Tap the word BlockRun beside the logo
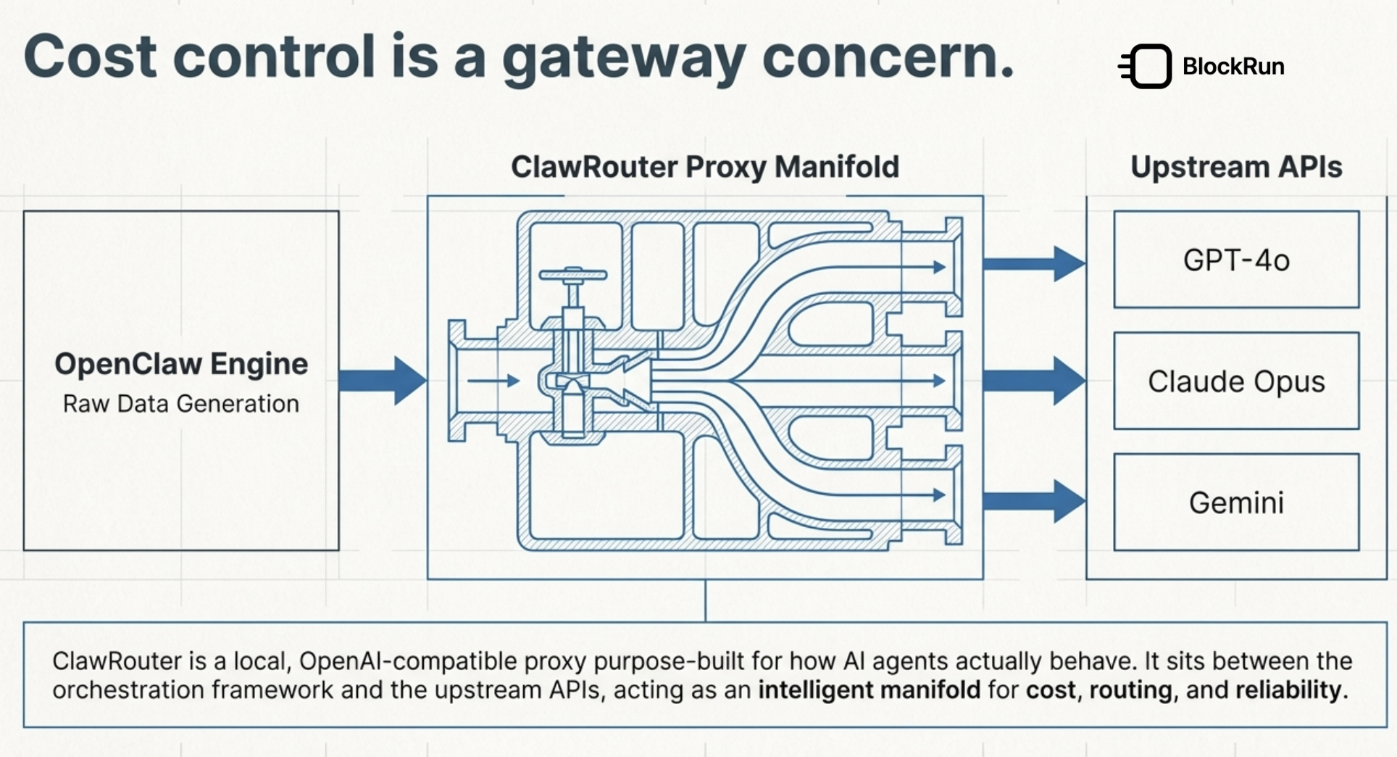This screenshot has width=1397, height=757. coord(1233,67)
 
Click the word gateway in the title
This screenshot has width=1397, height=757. coord(623,58)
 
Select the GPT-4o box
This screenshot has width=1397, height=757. coord(1236,260)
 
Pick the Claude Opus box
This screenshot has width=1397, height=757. coord(1236,381)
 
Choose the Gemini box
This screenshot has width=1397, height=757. coord(1236,502)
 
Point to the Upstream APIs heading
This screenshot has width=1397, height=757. coord(1236,167)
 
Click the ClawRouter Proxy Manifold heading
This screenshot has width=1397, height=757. coord(705,167)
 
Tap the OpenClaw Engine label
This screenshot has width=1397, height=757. coord(181,364)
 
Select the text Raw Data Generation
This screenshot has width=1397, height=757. coord(181,404)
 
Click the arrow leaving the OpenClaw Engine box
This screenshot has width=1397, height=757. coord(382,380)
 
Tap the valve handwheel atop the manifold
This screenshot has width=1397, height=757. coord(573,275)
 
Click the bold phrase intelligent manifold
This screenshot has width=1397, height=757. coord(869,690)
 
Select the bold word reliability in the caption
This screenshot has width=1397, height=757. coord(1288,690)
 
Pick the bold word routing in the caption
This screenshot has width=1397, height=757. coord(1130,690)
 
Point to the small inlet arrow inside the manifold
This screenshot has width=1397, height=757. coord(493,380)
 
